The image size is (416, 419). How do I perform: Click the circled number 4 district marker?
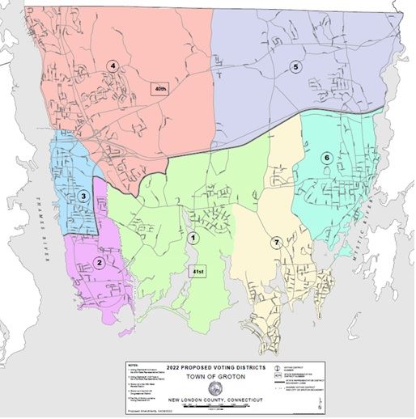pos(114,66)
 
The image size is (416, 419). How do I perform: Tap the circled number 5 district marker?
pos(296,67)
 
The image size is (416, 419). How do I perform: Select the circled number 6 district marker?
pos(326,158)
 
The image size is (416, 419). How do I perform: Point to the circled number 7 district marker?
pos(276,243)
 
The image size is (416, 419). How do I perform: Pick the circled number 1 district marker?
pos(193,238)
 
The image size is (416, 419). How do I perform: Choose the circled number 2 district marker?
pos(99,261)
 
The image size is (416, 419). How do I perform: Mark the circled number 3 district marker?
pos(83,196)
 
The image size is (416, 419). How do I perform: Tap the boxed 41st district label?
pos(197,272)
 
